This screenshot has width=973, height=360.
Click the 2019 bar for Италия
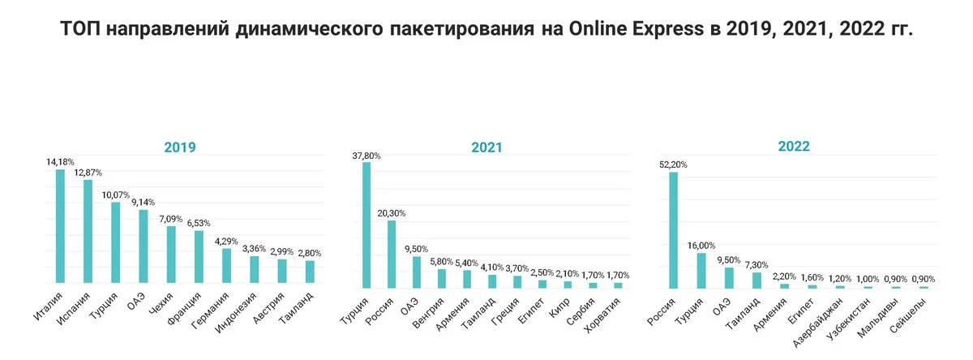pyautogui.click(x=60, y=226)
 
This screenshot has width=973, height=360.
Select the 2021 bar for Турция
pyautogui.click(x=366, y=225)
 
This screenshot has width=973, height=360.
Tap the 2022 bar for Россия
pyautogui.click(x=673, y=230)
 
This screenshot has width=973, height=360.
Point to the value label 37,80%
pyautogui.click(x=366, y=156)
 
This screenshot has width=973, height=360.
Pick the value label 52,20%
pyautogui.click(x=673, y=165)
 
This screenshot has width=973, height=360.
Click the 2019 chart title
pyautogui.click(x=180, y=148)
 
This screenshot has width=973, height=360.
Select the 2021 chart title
pyautogui.click(x=486, y=148)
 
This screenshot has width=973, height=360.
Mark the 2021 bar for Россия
pyautogui.click(x=391, y=255)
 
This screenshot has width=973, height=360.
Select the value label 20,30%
pyautogui.click(x=391, y=213)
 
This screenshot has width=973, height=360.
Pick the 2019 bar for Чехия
pyautogui.click(x=171, y=255)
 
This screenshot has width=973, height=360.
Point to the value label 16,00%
pyautogui.click(x=701, y=246)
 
